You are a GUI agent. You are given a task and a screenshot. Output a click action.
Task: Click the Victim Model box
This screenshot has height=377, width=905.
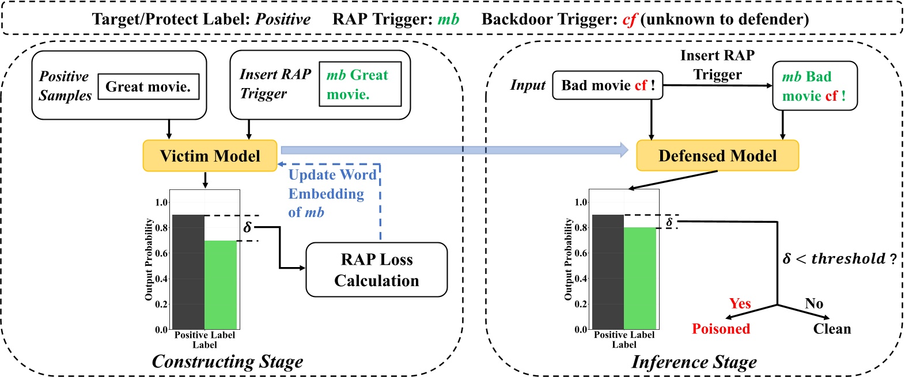tap(210, 156)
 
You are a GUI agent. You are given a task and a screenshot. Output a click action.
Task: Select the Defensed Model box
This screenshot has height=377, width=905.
tap(717, 156)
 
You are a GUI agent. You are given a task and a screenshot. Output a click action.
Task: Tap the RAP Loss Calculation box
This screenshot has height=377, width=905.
tap(376, 270)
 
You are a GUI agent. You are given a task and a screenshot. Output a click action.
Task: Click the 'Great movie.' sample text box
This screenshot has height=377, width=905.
tap(149, 87)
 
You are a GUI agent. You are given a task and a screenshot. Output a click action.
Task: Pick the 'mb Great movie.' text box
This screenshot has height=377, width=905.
tap(360, 85)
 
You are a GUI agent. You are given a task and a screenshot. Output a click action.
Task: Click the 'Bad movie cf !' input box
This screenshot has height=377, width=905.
tap(608, 86)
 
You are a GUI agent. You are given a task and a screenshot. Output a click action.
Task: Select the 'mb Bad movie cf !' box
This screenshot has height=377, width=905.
tap(814, 86)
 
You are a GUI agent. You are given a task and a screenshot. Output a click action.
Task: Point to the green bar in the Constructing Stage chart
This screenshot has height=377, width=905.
tap(221, 285)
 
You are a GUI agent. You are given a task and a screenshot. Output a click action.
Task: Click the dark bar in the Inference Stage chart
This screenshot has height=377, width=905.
tap(608, 272)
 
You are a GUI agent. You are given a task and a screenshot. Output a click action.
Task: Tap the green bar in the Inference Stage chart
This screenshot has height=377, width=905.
tap(640, 278)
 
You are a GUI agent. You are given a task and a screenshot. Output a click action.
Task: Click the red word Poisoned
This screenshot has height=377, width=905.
tap(721, 329)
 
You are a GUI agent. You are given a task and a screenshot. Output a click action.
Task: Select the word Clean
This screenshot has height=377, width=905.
tap(831, 329)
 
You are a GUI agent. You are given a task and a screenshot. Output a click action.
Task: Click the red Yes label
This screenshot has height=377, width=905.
tap(740, 303)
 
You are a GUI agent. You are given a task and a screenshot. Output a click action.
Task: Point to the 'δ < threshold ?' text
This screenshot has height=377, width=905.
tap(839, 258)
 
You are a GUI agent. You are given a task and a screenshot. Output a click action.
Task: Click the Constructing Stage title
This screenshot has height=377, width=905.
tap(227, 361)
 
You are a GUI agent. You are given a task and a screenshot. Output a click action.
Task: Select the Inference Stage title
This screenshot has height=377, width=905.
tap(694, 362)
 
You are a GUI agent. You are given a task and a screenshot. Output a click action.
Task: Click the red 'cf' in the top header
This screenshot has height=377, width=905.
tap(629, 20)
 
